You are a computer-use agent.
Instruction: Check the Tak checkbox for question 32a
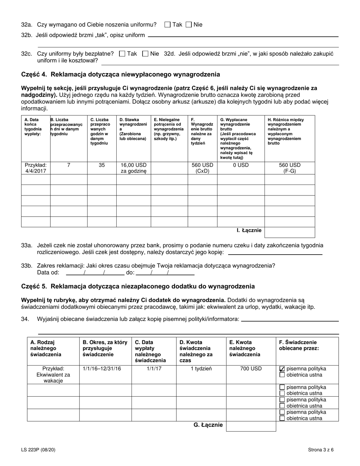coord(167,25)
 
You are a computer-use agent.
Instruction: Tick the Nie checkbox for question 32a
coord(189,25)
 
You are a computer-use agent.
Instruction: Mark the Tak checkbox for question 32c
coord(122,54)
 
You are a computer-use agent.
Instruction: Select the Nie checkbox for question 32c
coord(145,54)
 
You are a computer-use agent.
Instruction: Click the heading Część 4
coord(120,74)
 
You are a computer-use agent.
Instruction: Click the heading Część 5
coord(138,286)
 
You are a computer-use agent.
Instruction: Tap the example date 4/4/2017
coord(36,168)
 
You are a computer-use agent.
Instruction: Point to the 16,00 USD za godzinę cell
coord(133,168)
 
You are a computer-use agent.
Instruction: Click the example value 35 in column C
coord(102,165)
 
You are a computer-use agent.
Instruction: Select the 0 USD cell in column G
coord(241,165)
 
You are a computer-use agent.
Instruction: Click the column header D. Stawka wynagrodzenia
coord(133,129)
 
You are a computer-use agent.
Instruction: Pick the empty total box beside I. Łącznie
coord(290,232)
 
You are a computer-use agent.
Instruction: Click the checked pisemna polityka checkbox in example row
coord(282,369)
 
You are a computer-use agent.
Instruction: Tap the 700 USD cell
coord(250,368)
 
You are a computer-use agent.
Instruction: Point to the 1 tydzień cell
coord(201,368)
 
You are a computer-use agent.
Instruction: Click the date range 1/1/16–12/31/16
coord(97,368)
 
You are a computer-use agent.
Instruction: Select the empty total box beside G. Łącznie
coord(251,426)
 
